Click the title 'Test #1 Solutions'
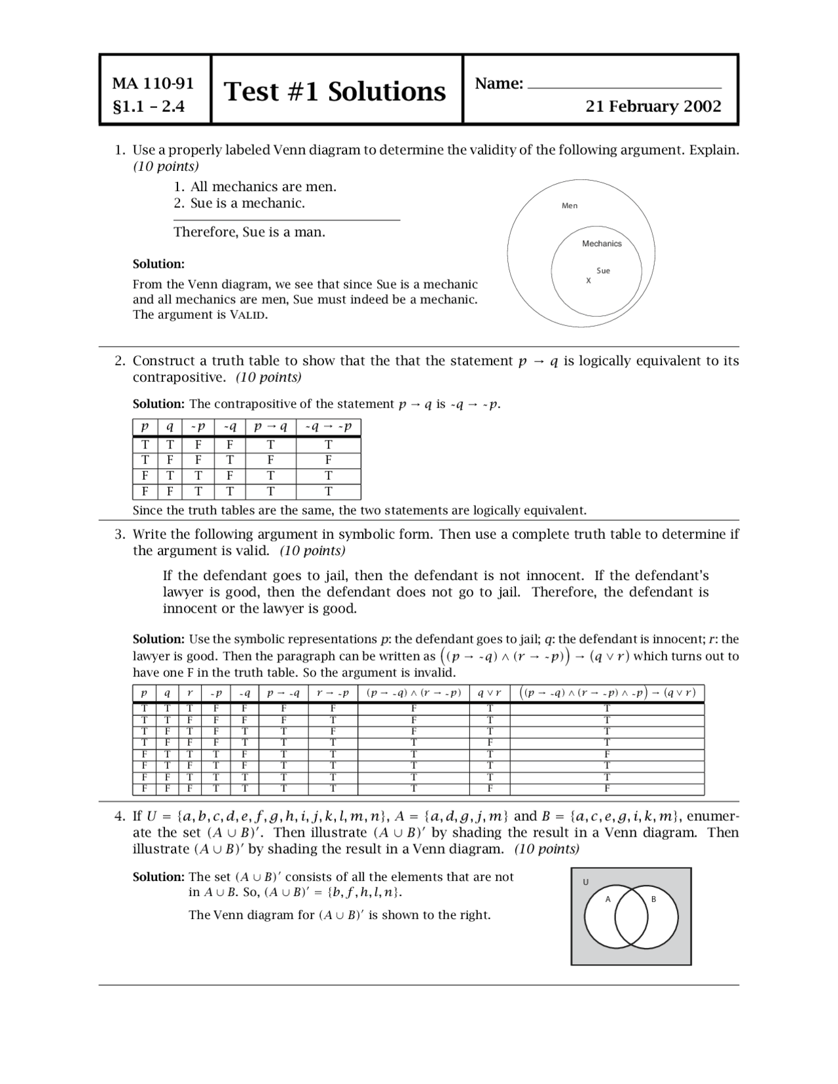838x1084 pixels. [335, 92]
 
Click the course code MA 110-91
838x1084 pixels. [153, 84]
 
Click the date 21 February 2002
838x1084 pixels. [653, 106]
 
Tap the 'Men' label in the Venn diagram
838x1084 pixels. [570, 206]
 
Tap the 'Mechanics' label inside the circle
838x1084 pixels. [602, 244]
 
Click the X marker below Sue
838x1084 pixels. [588, 281]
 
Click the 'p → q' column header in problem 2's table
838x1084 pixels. [270, 427]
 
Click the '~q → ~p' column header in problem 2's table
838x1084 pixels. [328, 427]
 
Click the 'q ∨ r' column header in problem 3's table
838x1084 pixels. [489, 693]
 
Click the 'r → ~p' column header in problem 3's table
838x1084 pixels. [333, 693]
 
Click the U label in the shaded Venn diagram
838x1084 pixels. [585, 882]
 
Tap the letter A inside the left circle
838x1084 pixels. [608, 899]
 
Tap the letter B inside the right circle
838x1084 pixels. [653, 899]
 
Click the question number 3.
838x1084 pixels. [119, 534]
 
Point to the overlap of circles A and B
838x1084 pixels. [630, 916]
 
